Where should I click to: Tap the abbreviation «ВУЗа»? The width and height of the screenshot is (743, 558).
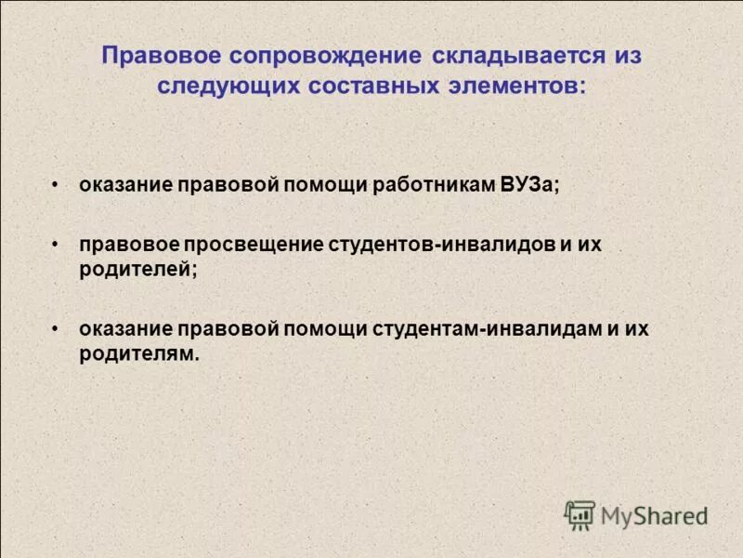[530, 184]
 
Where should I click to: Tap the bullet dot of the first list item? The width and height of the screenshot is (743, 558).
[57, 184]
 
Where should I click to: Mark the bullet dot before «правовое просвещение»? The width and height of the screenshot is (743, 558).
[57, 245]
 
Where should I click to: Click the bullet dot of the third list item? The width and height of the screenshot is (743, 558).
[57, 330]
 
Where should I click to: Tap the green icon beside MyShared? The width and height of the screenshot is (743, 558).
[580, 514]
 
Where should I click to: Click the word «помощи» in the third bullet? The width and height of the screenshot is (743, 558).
[324, 330]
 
